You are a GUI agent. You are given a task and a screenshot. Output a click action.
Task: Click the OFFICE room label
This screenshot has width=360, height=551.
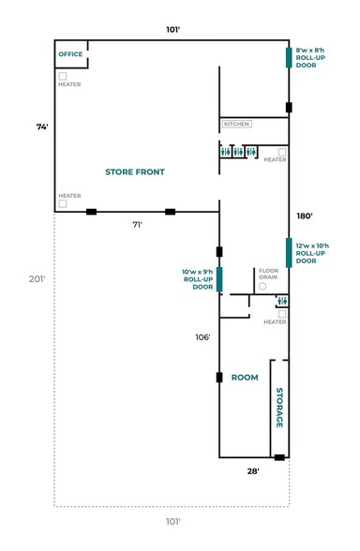click(x=71, y=54)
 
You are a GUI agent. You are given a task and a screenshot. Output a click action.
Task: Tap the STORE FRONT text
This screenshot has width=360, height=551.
click(x=135, y=171)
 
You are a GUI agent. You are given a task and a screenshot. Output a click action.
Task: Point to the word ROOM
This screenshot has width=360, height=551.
click(x=245, y=378)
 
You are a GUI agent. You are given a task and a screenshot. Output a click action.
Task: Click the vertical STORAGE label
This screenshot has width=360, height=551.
click(x=279, y=408)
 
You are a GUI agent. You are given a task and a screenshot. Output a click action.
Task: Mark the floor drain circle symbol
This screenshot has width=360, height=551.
click(x=263, y=286)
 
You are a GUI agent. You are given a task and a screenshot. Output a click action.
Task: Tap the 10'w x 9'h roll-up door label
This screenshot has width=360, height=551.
click(x=197, y=279)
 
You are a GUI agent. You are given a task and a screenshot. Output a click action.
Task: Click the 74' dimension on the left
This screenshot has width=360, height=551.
click(x=42, y=127)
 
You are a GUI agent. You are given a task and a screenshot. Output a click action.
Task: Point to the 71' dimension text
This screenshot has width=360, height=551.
click(x=137, y=225)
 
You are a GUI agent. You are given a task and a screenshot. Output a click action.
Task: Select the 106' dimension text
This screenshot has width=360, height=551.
click(x=202, y=337)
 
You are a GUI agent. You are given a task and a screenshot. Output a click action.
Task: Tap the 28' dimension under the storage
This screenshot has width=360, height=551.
click(x=253, y=471)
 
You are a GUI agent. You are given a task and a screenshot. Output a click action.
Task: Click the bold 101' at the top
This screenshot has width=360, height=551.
click(x=172, y=30)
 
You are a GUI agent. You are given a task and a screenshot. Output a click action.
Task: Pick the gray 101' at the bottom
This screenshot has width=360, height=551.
click(x=172, y=521)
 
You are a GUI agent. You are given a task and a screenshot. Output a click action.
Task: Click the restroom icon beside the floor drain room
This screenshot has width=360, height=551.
click(x=281, y=301)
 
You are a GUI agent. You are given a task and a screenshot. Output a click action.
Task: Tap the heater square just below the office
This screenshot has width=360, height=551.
click(x=63, y=75)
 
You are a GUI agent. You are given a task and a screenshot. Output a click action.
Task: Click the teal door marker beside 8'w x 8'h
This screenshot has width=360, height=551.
click(x=289, y=57)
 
